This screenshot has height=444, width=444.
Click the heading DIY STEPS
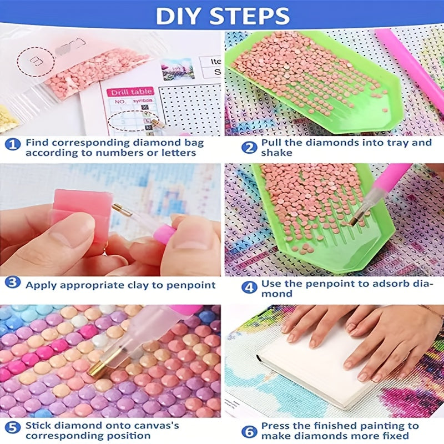coord(222,16)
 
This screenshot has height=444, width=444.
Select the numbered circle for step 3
coord(13,282)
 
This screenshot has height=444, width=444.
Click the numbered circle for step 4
coord(249,287)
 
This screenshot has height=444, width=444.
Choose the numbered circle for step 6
coord(249,430)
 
